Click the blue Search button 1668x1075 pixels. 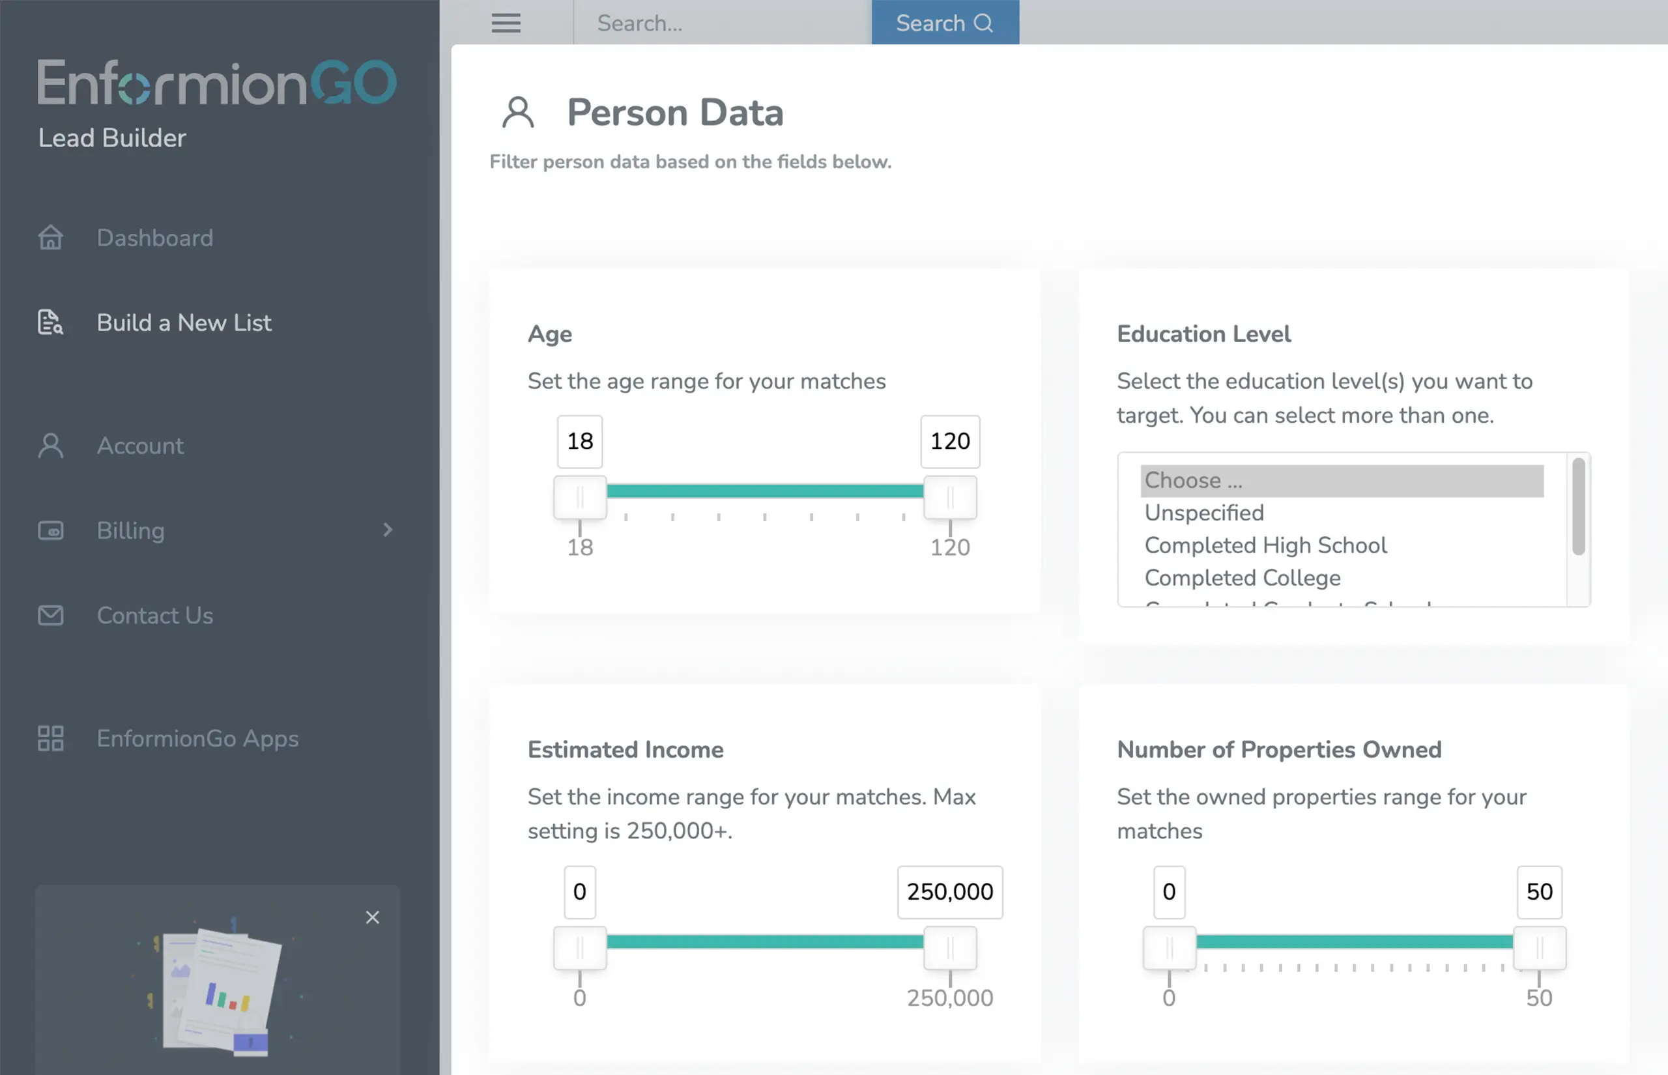(944, 22)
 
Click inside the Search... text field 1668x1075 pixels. (723, 23)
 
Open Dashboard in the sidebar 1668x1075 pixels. (154, 238)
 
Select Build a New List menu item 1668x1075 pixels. (184, 322)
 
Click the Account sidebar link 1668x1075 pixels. (139, 446)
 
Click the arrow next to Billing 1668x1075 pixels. (387, 530)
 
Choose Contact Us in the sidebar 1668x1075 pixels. (154, 615)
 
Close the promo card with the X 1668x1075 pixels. (372, 917)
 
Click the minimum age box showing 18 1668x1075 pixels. (579, 441)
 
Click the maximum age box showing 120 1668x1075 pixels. (949, 441)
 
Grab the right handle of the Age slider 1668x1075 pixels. (949, 497)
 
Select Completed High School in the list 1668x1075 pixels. (1265, 545)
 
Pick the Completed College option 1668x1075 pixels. (1242, 578)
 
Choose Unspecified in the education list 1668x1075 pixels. (1203, 513)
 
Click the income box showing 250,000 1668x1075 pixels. (949, 892)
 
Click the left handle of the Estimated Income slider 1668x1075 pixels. (579, 948)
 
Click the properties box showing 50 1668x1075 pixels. (1539, 892)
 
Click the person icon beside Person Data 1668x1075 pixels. (517, 112)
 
